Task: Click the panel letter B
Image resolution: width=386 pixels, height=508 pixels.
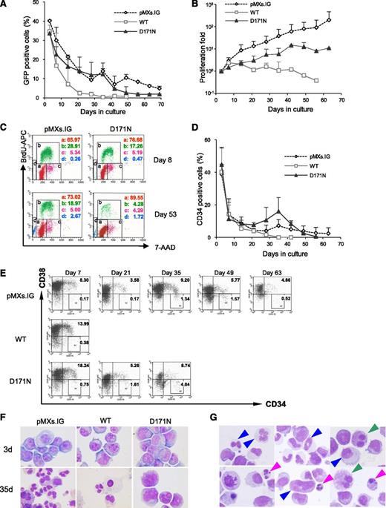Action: [x=200, y=7]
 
